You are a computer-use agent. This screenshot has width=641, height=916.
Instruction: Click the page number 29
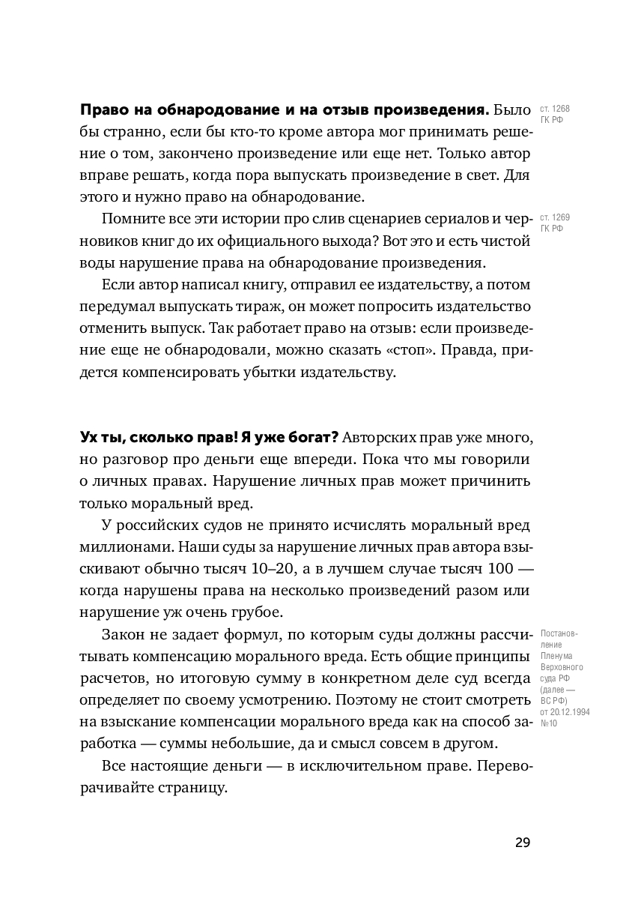tap(522, 842)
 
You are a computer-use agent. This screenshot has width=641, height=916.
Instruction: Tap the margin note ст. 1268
tap(554, 109)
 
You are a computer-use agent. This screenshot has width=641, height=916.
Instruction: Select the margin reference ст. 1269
tap(554, 218)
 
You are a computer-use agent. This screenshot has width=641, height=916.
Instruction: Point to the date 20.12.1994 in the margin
tap(569, 712)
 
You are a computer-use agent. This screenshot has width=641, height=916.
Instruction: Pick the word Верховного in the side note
tap(561, 667)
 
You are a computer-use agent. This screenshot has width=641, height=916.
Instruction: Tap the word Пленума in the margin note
tap(555, 656)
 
